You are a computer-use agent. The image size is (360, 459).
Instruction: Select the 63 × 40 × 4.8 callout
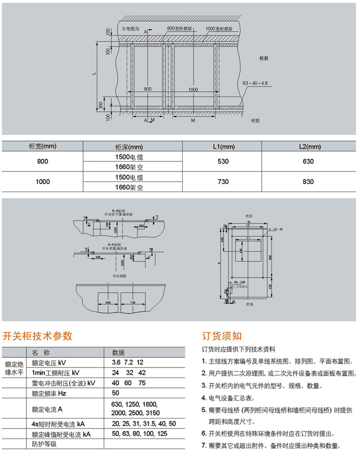point(255,83)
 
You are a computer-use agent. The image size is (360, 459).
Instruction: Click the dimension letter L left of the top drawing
point(94,74)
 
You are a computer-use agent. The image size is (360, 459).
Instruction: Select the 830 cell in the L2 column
point(308,181)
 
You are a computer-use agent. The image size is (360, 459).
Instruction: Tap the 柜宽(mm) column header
point(42,146)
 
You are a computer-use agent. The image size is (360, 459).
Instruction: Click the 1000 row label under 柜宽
point(42,181)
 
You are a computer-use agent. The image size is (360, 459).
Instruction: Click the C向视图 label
point(117,276)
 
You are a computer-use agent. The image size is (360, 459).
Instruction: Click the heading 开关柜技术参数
point(37,336)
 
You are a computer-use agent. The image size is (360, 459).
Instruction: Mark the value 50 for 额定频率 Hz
point(116,393)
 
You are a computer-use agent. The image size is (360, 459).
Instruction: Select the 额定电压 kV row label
point(49,362)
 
